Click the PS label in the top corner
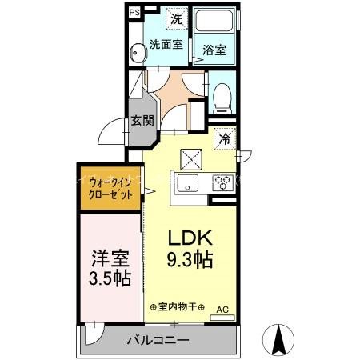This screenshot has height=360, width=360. click(x=134, y=13)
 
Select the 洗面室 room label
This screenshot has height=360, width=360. click(x=166, y=44)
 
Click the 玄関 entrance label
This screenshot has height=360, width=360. click(x=142, y=122)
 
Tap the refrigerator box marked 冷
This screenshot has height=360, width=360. click(x=226, y=138)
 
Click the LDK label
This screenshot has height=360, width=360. click(x=190, y=238)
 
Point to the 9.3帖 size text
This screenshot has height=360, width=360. click(x=190, y=259)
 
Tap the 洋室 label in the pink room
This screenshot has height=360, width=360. click(x=110, y=260)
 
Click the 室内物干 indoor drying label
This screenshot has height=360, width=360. click(x=178, y=307)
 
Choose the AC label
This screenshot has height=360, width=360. click(x=222, y=308)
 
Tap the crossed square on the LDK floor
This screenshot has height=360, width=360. click(x=191, y=158)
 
